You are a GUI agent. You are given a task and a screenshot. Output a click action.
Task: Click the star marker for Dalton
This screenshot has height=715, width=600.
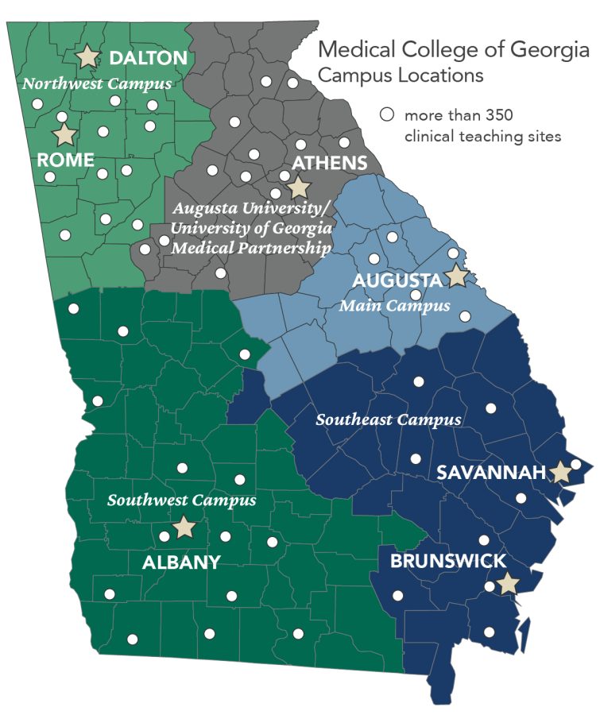tap(87, 56)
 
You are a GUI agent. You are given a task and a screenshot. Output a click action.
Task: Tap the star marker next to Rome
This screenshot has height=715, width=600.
tap(64, 134)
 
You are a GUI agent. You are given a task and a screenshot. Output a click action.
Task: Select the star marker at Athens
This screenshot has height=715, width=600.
tap(298, 187)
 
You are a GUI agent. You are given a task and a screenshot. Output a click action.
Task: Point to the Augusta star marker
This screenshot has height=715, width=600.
tap(456, 276)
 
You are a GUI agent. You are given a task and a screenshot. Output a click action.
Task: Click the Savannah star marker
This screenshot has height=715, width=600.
tap(561, 471)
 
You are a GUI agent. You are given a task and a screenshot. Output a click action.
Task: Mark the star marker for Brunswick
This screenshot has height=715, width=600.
tap(508, 584)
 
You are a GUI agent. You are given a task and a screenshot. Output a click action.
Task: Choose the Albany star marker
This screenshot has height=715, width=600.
tap(184, 527)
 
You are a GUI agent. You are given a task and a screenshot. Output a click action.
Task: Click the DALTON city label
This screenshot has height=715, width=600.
tap(148, 58)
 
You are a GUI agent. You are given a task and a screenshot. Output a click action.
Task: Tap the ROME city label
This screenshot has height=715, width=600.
tap(66, 160)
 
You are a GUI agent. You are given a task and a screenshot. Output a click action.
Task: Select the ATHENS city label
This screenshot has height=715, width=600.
tap(330, 164)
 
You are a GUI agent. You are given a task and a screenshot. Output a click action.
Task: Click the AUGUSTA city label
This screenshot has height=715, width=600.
tap(397, 281)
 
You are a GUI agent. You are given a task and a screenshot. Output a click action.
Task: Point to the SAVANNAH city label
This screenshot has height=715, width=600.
tap(490, 473)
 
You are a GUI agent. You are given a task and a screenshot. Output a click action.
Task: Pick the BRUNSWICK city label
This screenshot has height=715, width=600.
tap(447, 562)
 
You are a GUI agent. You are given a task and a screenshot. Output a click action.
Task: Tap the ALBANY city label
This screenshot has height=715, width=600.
tap(180, 562)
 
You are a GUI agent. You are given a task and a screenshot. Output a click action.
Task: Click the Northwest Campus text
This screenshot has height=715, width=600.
tap(97, 83)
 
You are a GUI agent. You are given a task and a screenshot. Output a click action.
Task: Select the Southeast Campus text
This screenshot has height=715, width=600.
tap(389, 419)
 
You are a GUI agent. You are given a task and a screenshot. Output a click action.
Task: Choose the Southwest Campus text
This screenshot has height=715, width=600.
tap(181, 500)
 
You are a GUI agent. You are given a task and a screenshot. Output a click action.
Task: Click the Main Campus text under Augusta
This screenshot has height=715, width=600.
tap(394, 305)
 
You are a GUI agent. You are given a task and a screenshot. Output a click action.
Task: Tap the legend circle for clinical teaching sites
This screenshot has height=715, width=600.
tap(387, 114)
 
